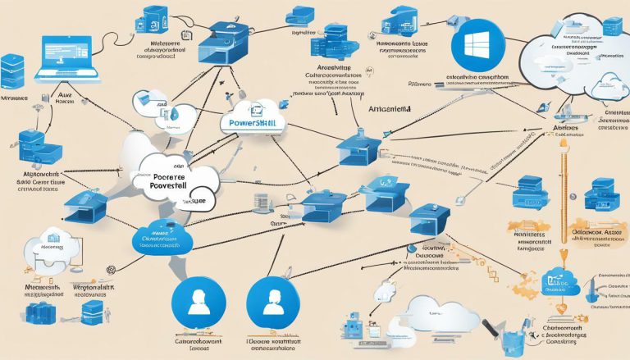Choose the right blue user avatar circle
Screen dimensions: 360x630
(x=269, y=298)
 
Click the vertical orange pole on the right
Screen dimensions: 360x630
(x=564, y=205)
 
